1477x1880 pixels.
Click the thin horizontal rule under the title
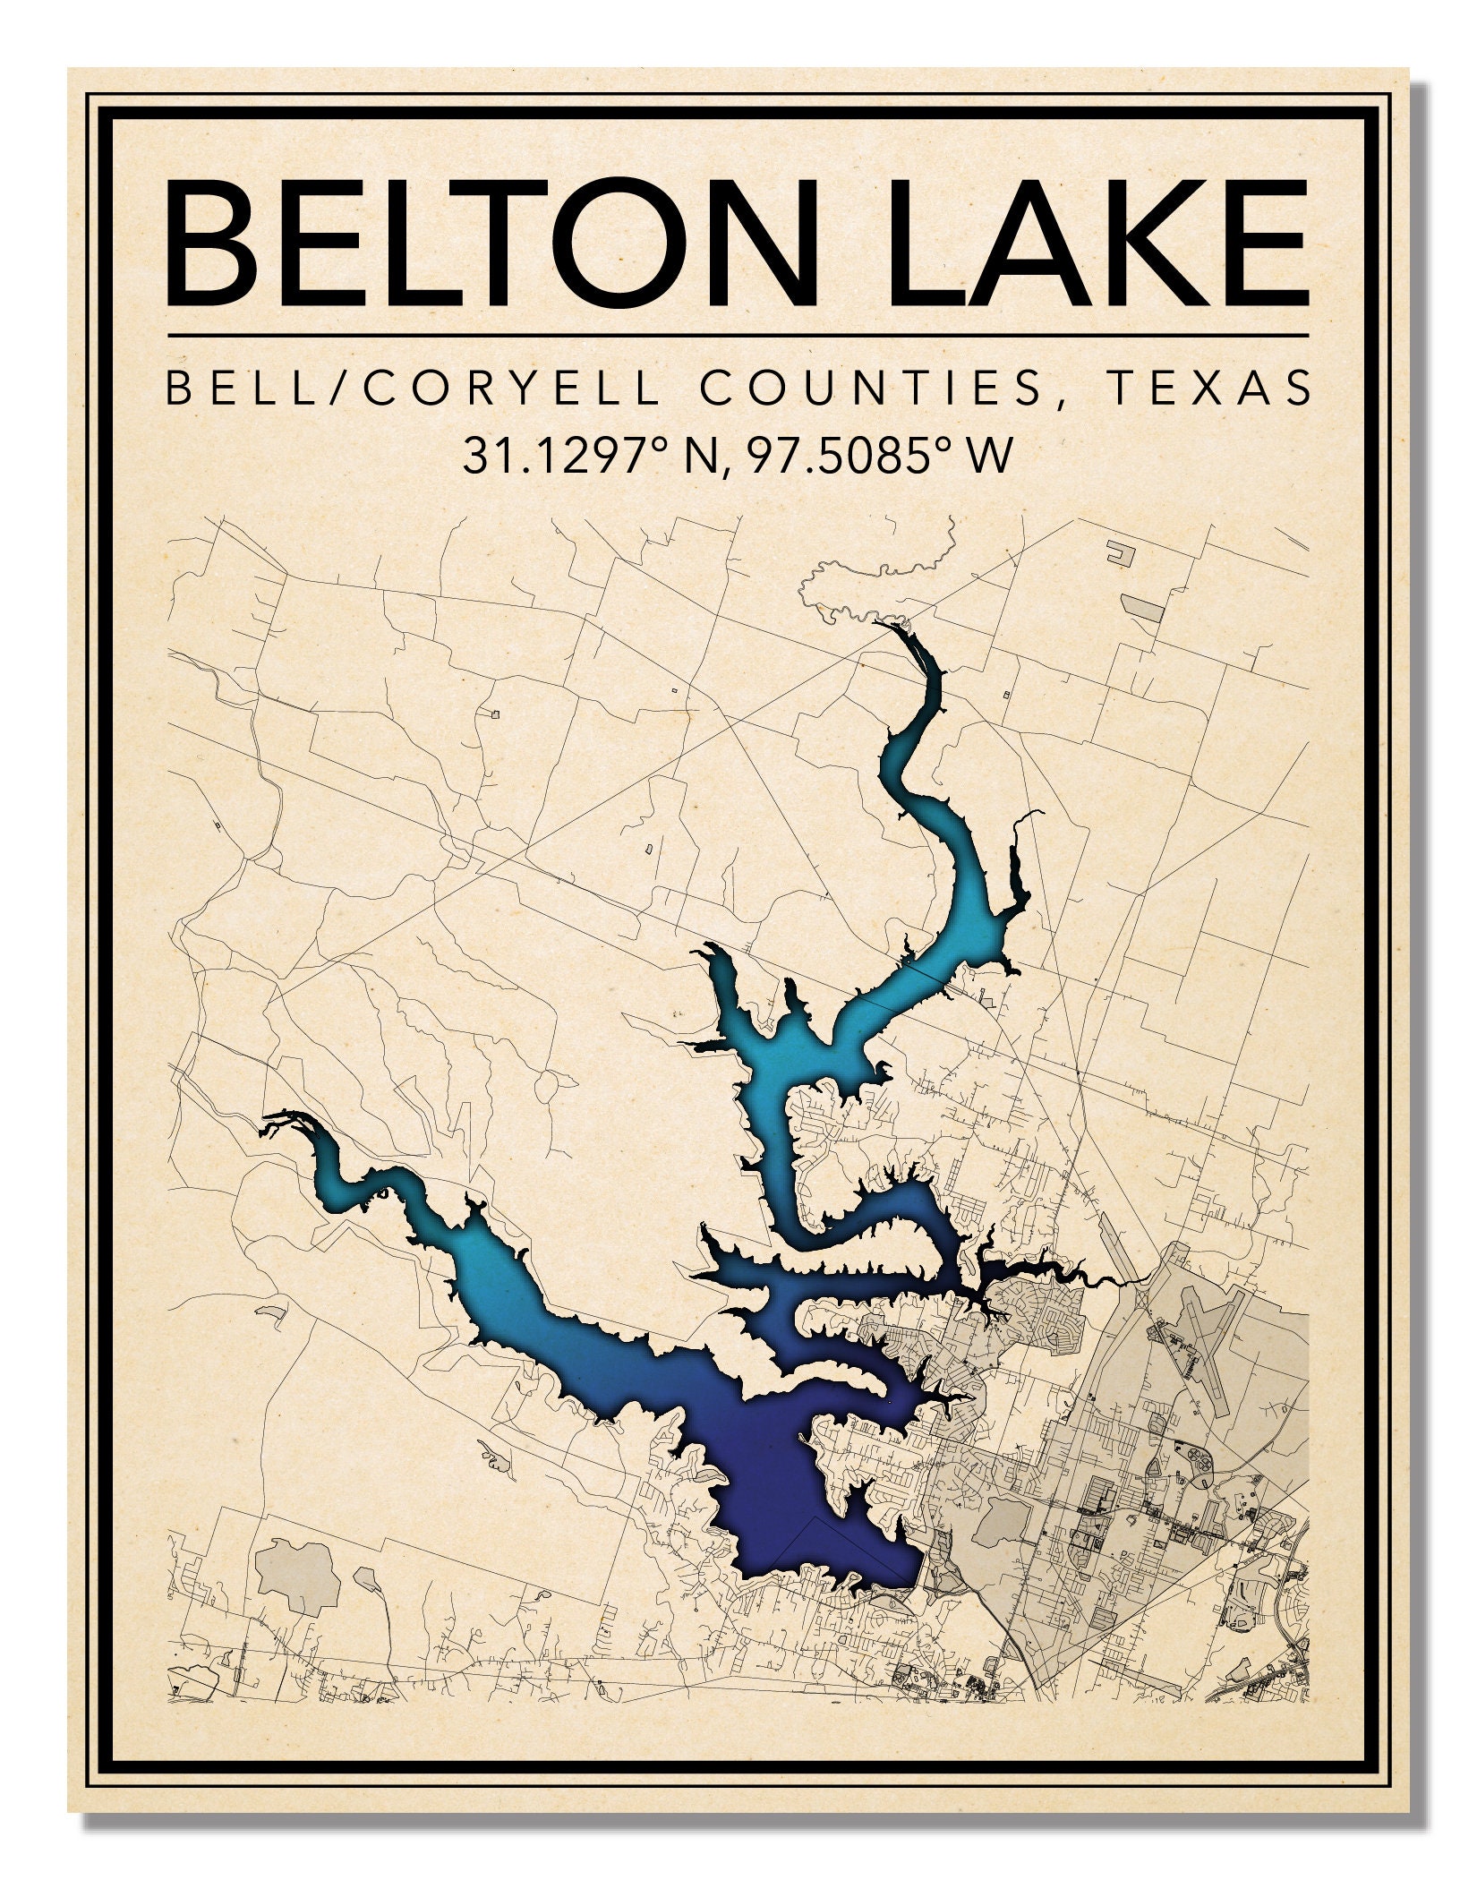tap(738, 335)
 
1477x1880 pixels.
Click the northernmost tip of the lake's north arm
tap(892, 626)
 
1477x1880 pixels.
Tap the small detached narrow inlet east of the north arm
tap(1018, 873)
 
